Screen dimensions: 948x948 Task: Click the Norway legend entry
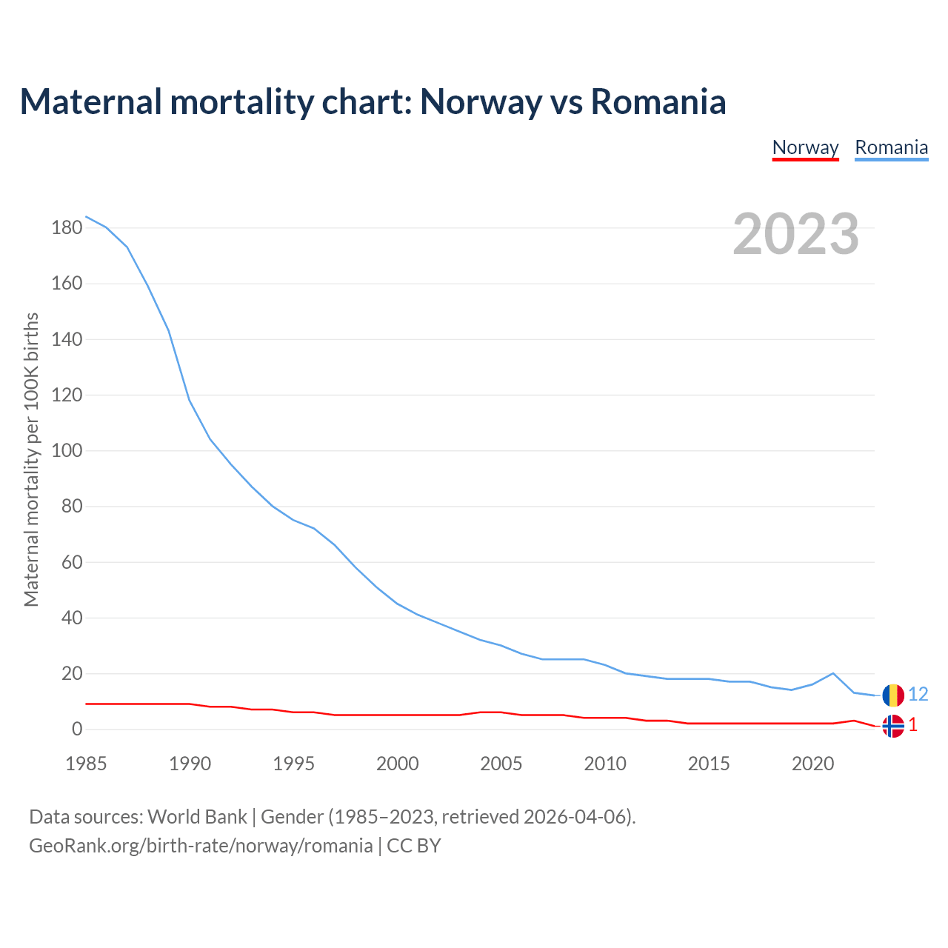805,147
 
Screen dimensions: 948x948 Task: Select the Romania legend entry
891,147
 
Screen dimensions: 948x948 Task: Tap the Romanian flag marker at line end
893,695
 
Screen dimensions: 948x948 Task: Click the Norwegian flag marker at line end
893,726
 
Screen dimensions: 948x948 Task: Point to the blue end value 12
918,694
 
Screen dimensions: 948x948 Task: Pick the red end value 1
913,725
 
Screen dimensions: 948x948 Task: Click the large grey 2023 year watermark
795,234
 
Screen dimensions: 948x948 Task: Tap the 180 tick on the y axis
67,227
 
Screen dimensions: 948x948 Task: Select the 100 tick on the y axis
67,451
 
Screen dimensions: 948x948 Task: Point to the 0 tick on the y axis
77,730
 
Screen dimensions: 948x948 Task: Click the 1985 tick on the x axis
86,764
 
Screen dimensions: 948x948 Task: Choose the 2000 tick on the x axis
398,764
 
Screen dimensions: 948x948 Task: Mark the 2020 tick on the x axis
812,764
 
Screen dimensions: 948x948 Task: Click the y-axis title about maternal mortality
31,459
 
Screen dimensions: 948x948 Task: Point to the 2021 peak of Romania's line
833,673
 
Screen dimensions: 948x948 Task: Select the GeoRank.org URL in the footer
201,846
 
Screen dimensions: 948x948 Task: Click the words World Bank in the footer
197,817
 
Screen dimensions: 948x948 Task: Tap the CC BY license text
414,846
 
